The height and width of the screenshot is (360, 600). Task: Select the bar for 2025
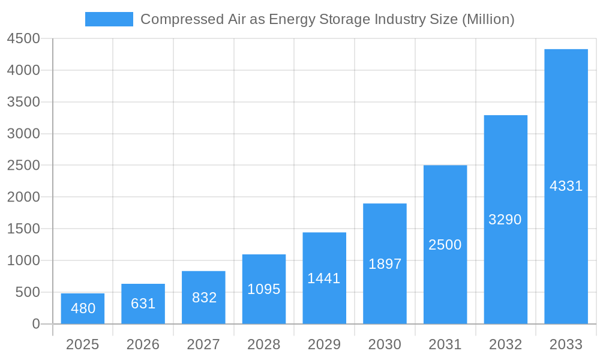(83, 308)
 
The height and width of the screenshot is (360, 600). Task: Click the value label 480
(83, 308)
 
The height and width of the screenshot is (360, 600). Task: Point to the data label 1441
(324, 278)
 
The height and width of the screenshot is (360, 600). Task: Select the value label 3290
(505, 220)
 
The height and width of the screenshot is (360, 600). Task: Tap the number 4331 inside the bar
(566, 186)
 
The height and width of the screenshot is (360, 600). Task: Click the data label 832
(204, 298)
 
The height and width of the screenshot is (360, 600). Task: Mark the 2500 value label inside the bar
(445, 245)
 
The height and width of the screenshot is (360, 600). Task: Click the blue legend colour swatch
(109, 19)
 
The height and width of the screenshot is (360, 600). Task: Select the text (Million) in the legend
(487, 19)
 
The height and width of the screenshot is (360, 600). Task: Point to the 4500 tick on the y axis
(23, 38)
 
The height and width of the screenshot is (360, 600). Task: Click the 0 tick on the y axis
(35, 324)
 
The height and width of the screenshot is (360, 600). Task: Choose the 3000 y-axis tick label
(23, 134)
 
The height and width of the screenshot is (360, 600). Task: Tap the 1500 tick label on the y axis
(23, 229)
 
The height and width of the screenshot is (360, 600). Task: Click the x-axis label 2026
(143, 344)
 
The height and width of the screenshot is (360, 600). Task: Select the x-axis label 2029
(324, 344)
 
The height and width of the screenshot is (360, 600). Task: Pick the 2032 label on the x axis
(505, 344)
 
